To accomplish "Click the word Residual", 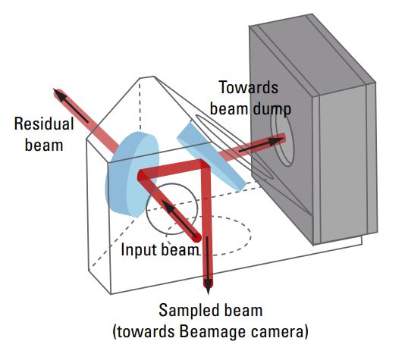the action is click(x=44, y=124).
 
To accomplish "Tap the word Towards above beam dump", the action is click(x=249, y=87).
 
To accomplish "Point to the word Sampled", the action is click(x=191, y=310).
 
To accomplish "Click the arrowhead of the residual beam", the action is click(x=60, y=95).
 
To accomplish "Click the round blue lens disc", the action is click(x=132, y=174).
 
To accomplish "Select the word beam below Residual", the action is click(x=44, y=145).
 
